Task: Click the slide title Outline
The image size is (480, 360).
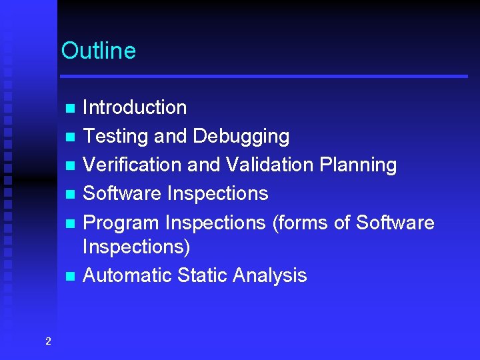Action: click(x=98, y=51)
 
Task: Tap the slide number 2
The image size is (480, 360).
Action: click(x=47, y=342)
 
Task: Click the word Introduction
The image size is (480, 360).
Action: click(x=134, y=107)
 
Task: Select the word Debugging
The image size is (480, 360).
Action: click(x=241, y=137)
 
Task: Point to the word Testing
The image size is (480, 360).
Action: click(x=115, y=137)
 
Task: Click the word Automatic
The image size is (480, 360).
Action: click(x=127, y=275)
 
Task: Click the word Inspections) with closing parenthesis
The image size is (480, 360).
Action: click(x=136, y=247)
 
